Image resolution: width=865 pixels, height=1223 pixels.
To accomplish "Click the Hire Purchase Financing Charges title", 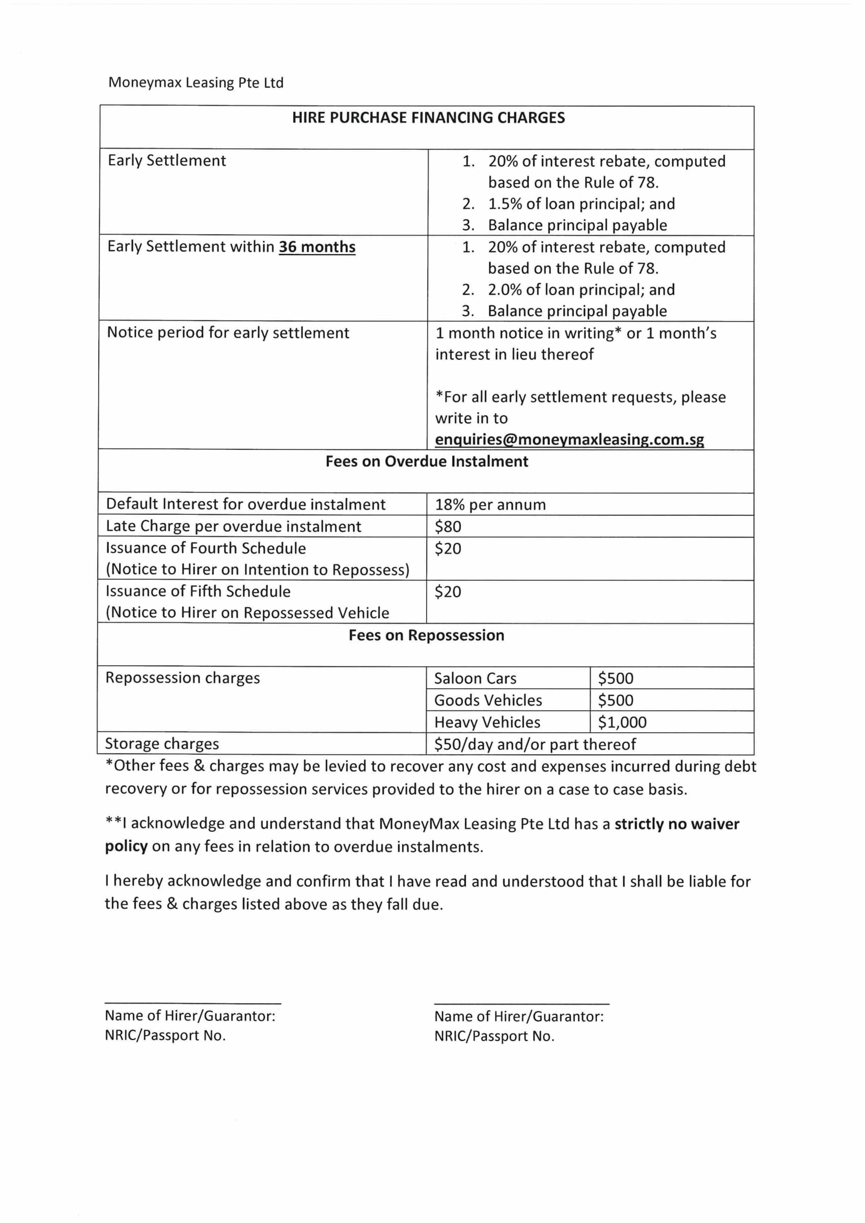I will (x=428, y=118).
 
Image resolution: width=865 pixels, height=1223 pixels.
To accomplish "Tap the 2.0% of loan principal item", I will (x=581, y=289).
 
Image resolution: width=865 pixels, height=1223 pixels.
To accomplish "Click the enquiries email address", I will (x=569, y=440).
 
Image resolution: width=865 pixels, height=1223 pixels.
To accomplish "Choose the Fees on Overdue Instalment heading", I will (x=427, y=461).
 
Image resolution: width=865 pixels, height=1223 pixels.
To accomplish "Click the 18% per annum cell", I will (x=490, y=504).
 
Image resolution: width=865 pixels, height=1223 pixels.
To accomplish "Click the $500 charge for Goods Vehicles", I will (x=615, y=700).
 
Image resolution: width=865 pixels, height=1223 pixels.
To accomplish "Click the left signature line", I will (x=193, y=1003).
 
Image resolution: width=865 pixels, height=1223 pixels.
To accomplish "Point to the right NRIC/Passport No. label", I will (x=494, y=1036).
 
